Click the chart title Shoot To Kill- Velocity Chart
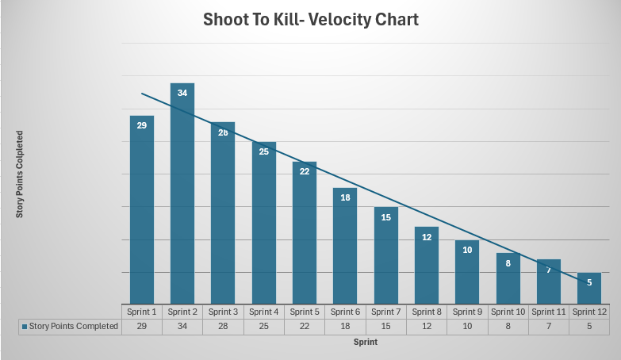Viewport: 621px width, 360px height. [x=309, y=19]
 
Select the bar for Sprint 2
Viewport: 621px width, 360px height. [x=182, y=198]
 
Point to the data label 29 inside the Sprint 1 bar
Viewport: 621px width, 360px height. [x=142, y=125]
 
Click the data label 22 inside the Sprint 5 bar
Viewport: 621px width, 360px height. [x=305, y=171]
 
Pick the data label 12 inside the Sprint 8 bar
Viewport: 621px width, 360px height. [x=427, y=237]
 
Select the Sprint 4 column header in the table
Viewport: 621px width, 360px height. [x=264, y=312]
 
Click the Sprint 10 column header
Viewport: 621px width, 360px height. [x=508, y=312]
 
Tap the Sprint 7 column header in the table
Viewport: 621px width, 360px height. [x=386, y=312]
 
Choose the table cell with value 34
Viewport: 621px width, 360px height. [x=182, y=326]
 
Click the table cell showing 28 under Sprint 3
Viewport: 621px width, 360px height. [x=224, y=326]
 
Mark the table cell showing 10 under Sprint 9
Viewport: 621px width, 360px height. [x=467, y=326]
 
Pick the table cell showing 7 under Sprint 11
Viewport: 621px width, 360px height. [x=549, y=326]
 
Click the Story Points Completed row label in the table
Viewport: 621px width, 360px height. [x=74, y=326]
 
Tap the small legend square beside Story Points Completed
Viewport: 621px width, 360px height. [x=25, y=326]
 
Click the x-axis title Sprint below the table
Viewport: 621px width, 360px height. [x=366, y=343]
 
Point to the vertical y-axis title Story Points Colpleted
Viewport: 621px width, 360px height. [x=20, y=174]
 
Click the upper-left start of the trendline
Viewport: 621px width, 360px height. [x=143, y=94]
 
